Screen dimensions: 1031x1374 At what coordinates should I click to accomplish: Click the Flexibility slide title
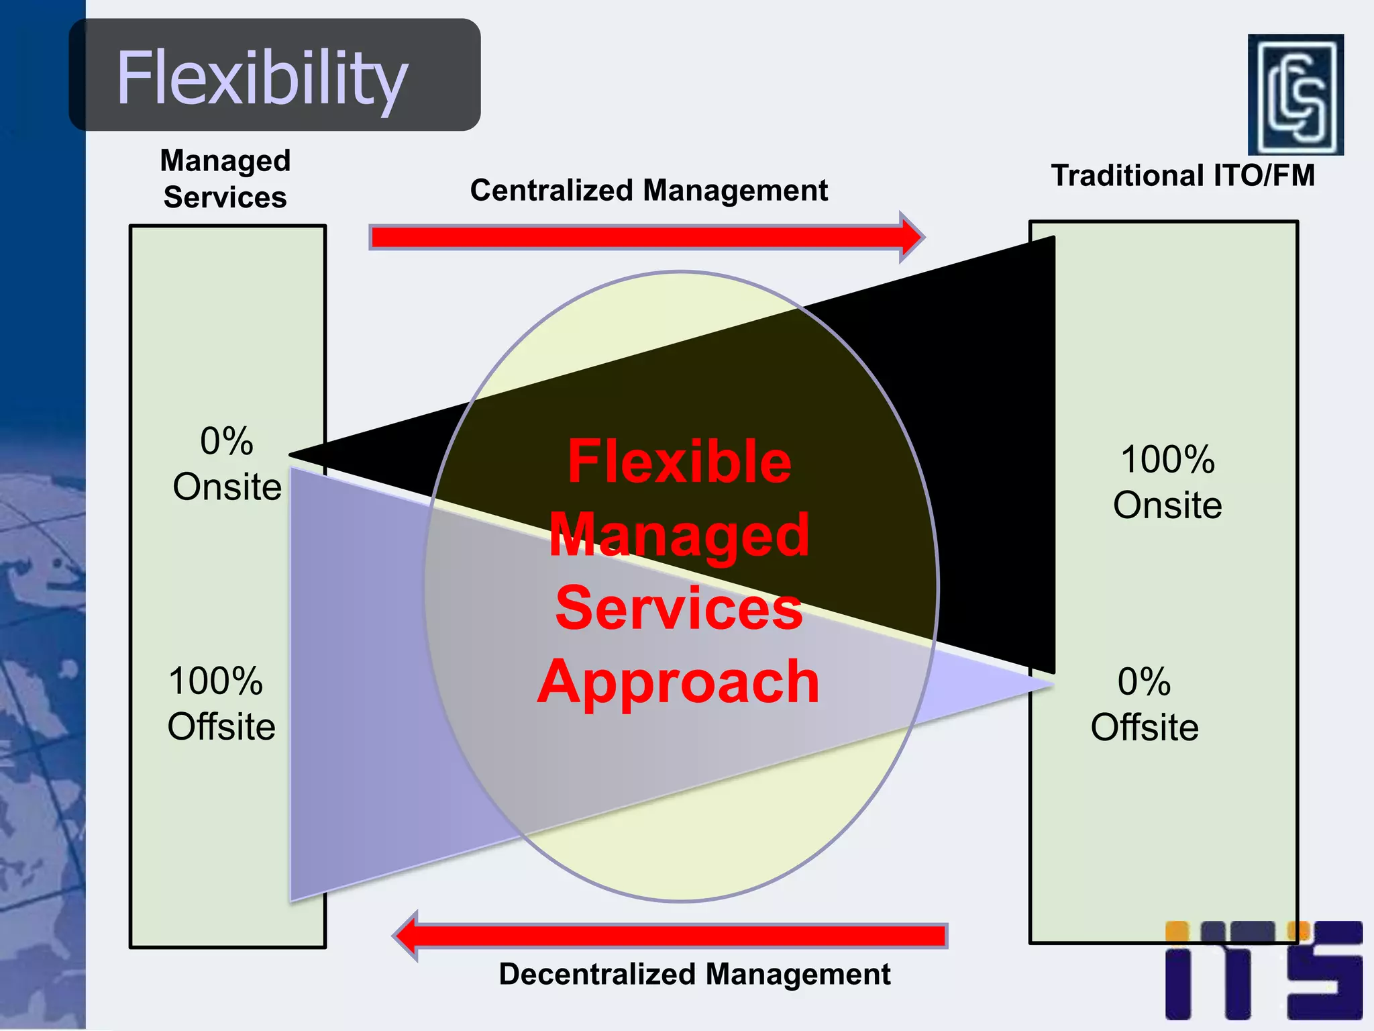262,78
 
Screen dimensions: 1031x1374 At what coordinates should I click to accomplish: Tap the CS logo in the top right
1295,95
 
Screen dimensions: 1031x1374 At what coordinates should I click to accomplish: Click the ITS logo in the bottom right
1263,970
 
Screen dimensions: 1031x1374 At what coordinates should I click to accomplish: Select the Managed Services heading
225,179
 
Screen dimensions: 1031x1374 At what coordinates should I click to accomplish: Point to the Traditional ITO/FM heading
1183,176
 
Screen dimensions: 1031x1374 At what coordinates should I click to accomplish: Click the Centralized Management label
649,191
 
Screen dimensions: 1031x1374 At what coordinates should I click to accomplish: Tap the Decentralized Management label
694,974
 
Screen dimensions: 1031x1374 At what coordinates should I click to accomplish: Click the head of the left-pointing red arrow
407,936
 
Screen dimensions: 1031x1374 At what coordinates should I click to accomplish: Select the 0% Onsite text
227,464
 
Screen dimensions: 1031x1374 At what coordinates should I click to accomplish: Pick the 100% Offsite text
221,703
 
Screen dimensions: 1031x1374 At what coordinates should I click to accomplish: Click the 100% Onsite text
1167,482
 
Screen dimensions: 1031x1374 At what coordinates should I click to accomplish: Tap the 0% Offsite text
1145,704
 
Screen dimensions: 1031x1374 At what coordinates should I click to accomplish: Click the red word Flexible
679,462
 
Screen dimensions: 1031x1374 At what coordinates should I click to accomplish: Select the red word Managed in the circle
679,535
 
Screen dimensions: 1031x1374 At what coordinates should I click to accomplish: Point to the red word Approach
679,682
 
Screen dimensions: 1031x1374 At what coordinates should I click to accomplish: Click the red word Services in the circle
679,608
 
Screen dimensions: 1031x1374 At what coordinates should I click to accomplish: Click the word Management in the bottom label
798,974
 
